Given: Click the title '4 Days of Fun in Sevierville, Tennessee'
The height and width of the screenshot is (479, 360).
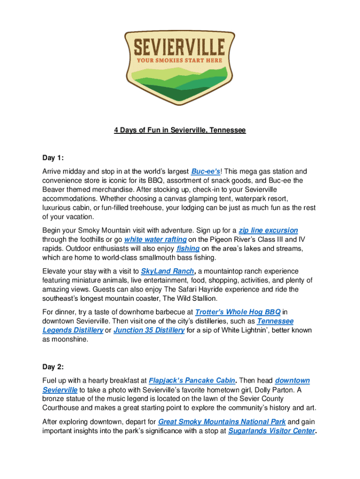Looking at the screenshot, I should point(180,130).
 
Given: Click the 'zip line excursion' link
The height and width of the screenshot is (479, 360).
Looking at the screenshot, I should point(268,230).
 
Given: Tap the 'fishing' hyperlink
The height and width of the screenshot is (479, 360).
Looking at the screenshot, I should point(188,248).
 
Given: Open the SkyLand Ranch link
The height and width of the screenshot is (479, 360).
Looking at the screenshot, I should point(167,271).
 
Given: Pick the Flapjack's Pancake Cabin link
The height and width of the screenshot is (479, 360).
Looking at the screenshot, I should point(192,381).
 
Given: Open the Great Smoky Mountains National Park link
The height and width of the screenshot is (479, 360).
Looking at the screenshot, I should point(222,421).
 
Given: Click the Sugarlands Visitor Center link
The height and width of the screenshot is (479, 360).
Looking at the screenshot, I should point(271,431).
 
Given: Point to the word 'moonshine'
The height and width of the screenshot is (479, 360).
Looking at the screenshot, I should point(70,340).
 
